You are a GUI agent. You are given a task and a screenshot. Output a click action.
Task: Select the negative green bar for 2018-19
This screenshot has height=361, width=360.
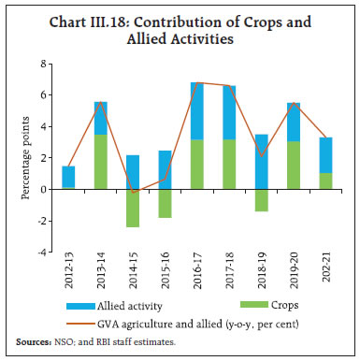pos(261,199)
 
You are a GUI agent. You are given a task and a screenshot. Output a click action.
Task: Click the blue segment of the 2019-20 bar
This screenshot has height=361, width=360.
pos(293,122)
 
